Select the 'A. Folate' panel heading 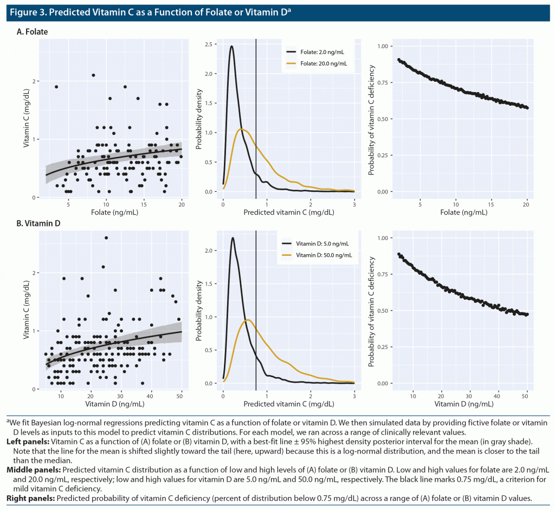[x=33, y=32]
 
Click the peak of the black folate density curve [x=232, y=46]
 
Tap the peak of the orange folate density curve [x=242, y=129]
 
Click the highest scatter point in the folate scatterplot [x=93, y=75]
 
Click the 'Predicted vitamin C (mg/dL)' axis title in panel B [x=289, y=404]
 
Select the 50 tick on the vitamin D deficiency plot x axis [x=526, y=396]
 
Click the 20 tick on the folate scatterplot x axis [x=181, y=204]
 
